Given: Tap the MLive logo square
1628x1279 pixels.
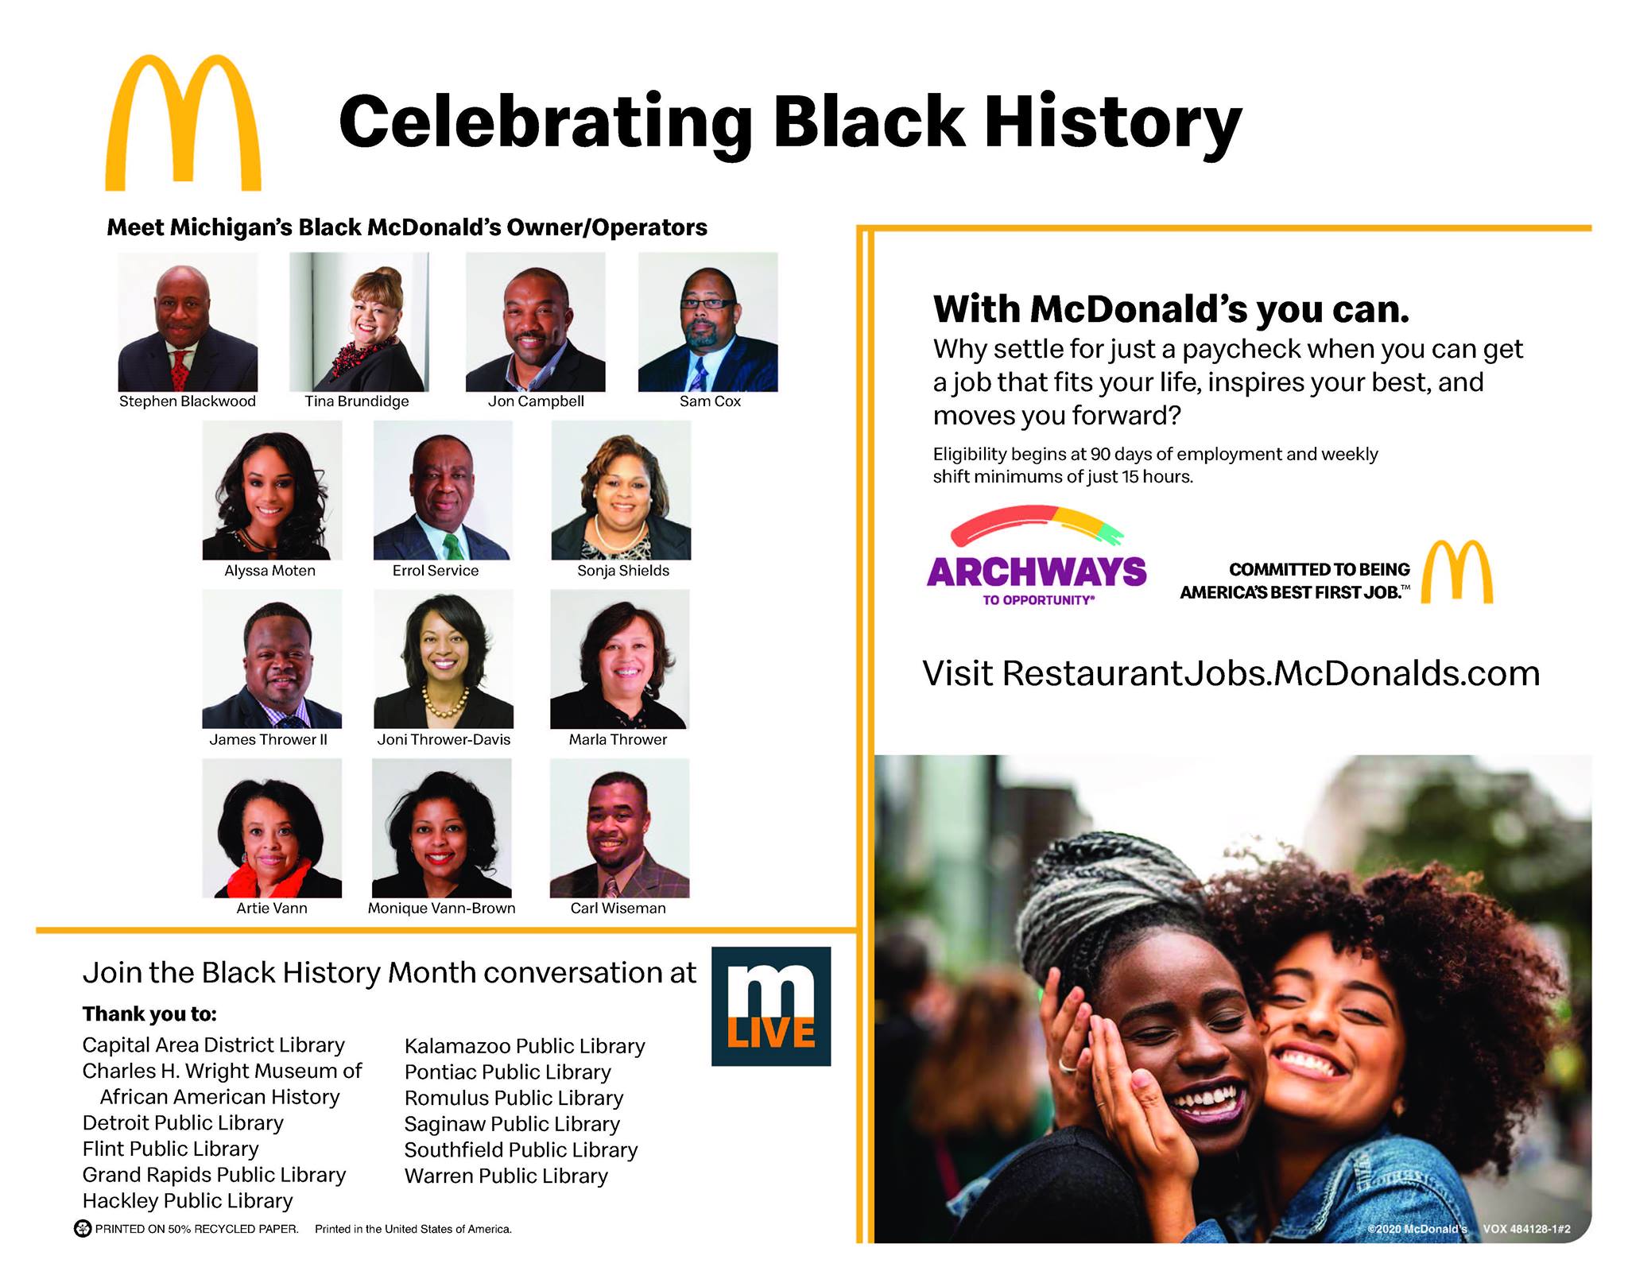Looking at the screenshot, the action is (771, 1006).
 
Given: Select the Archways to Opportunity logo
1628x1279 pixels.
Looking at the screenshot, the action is (1037, 556).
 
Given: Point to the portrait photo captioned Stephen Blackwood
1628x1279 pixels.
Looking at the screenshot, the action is (188, 322).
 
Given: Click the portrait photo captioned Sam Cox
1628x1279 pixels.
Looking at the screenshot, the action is (708, 322).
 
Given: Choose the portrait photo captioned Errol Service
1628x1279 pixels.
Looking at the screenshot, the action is (443, 490).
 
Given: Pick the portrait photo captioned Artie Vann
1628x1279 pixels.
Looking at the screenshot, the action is (272, 828).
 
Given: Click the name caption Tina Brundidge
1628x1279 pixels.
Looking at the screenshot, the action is (357, 401).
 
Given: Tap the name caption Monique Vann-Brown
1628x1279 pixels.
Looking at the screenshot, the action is (441, 908).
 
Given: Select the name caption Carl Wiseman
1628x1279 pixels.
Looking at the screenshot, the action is (618, 908).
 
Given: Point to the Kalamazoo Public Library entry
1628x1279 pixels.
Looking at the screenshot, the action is (525, 1046).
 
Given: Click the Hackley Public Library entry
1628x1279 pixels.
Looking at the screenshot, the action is (188, 1200).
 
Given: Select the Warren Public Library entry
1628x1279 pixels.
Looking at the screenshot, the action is (506, 1176).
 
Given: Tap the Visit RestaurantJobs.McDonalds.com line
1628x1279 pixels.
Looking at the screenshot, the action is (1231, 673).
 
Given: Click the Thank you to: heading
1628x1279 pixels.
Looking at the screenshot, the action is (149, 1014).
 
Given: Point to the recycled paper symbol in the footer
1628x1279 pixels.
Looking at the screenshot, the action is (83, 1229).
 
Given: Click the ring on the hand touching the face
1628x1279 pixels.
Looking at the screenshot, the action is (1068, 1064).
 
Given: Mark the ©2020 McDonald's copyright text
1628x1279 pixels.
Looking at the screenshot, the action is (1417, 1229).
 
